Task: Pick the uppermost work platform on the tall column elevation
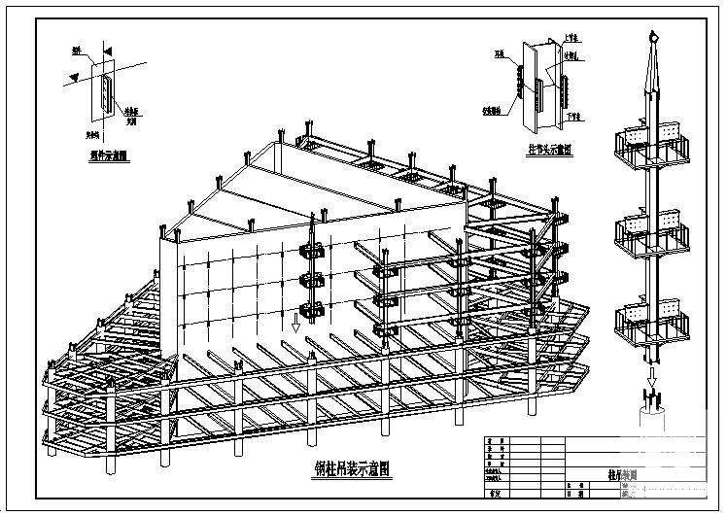[648, 144]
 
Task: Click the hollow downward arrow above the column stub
[649, 369]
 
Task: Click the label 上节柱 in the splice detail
[572, 38]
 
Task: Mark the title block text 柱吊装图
[608, 477]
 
